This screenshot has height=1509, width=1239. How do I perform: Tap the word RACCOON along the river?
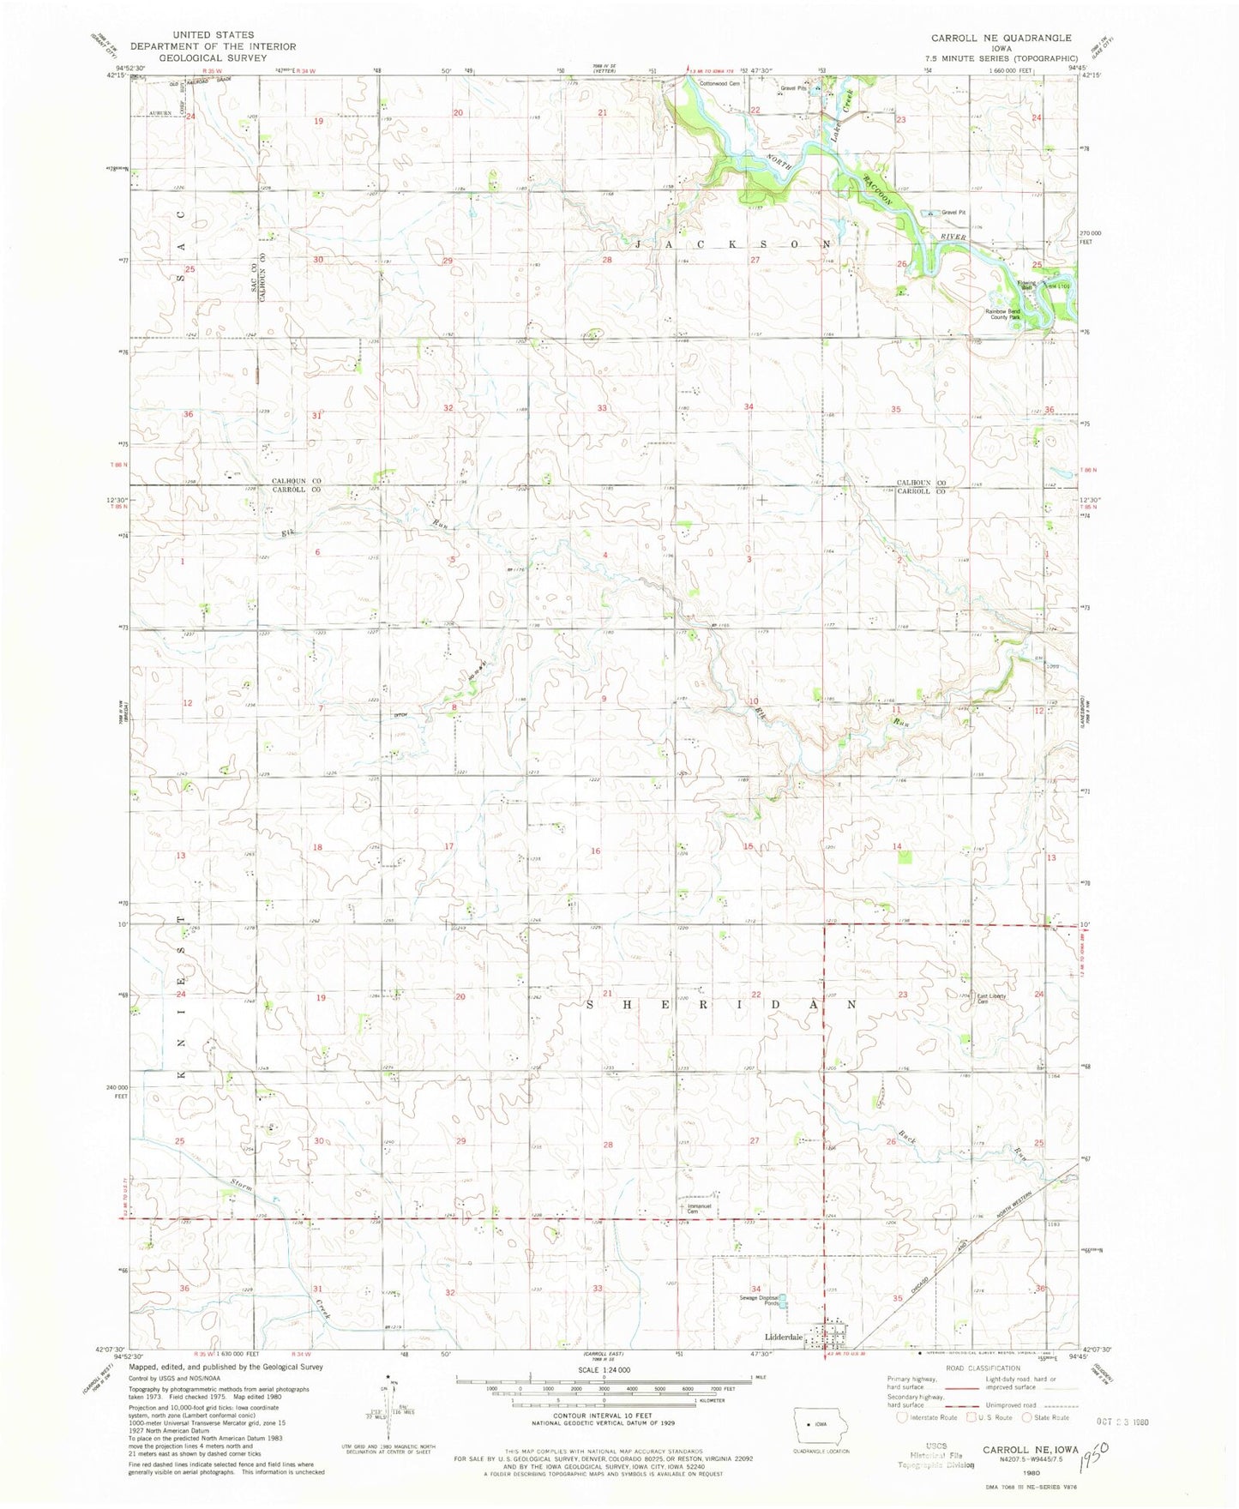879,187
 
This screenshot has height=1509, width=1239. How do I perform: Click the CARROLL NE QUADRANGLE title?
1001,38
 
